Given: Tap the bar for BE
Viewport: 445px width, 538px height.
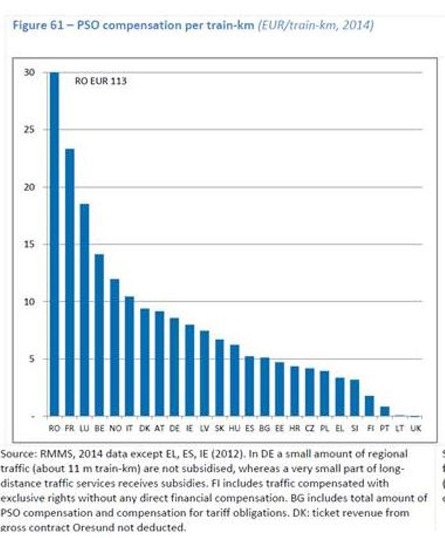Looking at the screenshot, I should pos(99,335).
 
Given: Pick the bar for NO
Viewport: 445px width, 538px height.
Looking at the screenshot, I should pos(114,347).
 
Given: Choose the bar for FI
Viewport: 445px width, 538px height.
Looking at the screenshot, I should pos(369,406).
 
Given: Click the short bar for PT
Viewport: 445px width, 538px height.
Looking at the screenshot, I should pos(384,411).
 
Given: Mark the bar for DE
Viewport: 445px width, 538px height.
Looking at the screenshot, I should pos(175,367).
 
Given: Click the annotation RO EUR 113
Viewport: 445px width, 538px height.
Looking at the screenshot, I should pos(101,82).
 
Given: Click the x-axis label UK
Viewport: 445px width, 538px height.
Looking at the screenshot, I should pos(414,428).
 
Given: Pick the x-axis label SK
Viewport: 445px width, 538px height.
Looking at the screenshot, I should pos(219,428).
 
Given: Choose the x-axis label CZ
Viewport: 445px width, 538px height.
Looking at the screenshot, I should pos(309,428).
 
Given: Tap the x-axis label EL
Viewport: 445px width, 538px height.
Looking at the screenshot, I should pos(339,428).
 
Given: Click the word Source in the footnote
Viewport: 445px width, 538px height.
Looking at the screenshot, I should pos(16,454).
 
